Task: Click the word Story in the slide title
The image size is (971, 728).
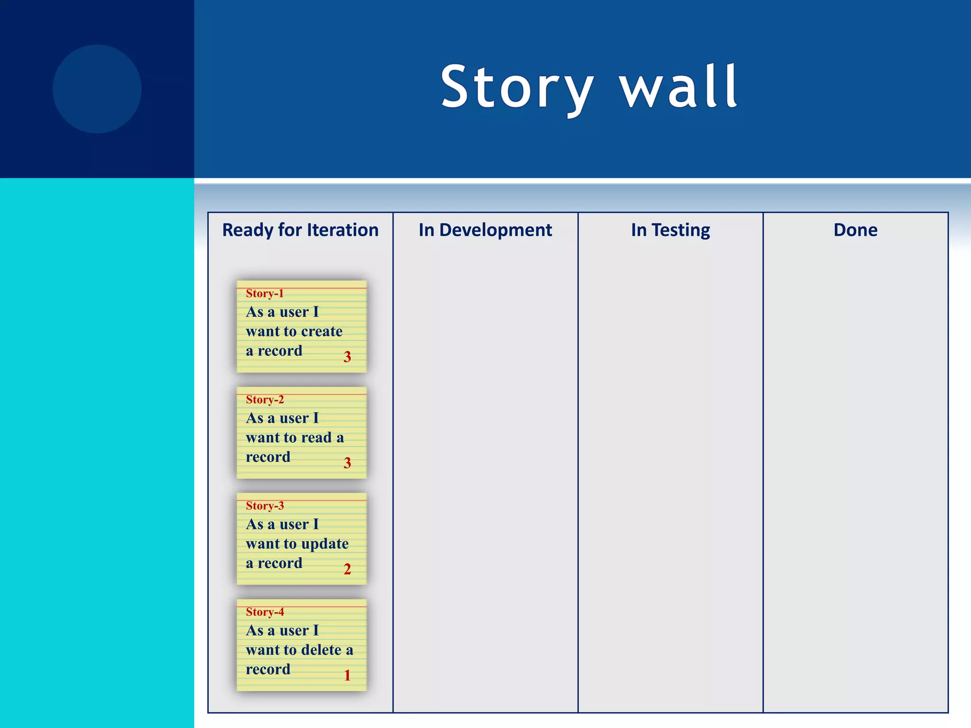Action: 517,88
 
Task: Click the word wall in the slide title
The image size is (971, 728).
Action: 679,88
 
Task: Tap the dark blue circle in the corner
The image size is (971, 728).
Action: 97,89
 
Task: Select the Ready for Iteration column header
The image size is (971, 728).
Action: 300,230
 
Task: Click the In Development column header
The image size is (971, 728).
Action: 485,230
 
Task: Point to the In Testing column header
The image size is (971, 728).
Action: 670,230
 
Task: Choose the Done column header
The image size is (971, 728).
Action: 855,230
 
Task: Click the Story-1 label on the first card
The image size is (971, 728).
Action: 265,293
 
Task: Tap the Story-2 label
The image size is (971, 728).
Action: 265,400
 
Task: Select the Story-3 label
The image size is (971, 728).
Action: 265,506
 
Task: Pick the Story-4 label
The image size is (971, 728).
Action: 265,612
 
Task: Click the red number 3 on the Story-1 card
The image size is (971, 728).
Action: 347,357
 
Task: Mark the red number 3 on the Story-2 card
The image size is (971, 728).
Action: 347,463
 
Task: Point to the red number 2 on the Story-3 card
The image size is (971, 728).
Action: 347,569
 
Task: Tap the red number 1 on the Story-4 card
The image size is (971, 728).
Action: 347,675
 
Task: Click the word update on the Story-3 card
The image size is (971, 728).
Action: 325,544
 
